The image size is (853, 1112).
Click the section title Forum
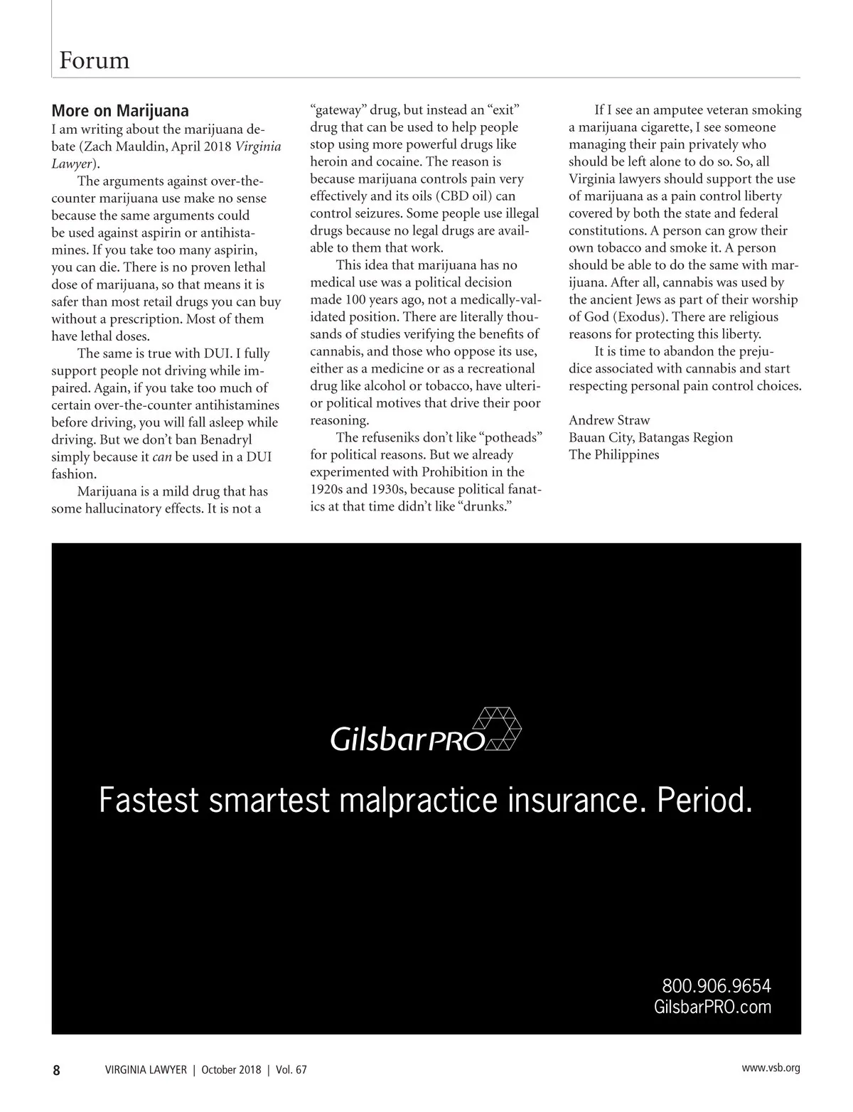click(x=95, y=60)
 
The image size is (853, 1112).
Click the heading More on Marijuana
click(x=120, y=111)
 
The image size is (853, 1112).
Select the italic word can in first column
click(x=162, y=457)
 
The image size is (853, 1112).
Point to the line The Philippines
click(x=613, y=454)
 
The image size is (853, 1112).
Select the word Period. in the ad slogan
click(x=704, y=801)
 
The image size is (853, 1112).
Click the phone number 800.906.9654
click(x=716, y=986)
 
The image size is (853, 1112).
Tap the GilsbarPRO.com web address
click(x=712, y=1007)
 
